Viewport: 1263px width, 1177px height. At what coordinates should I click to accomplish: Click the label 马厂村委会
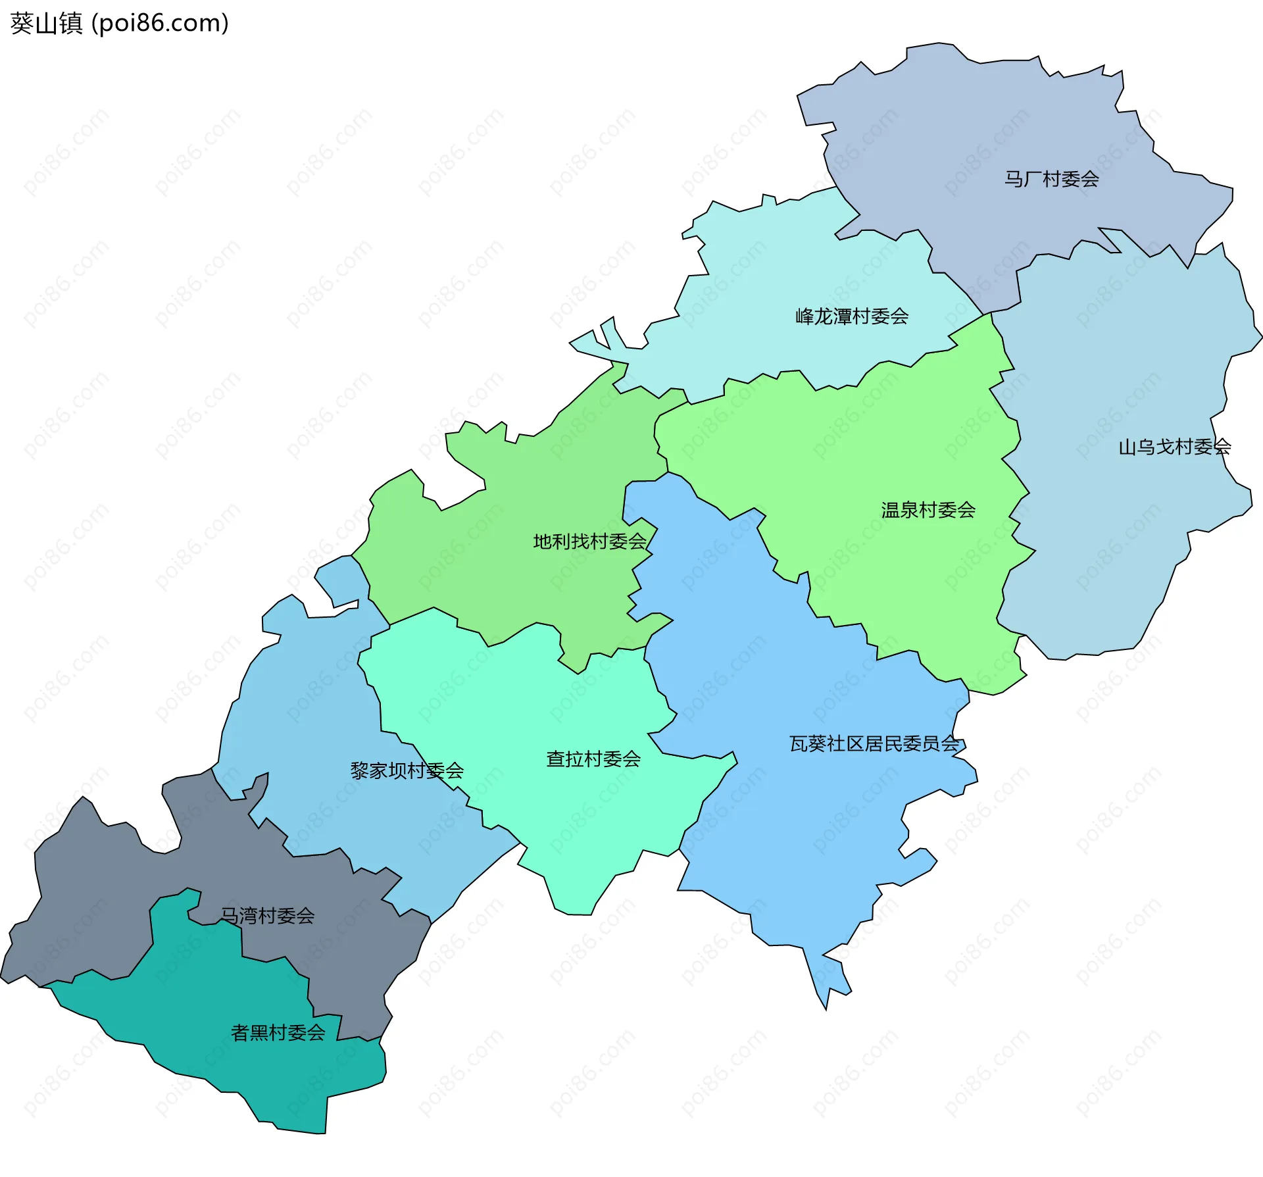click(1051, 179)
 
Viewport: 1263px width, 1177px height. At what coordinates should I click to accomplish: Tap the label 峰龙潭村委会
click(852, 316)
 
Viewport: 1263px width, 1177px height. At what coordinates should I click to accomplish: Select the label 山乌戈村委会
click(1174, 447)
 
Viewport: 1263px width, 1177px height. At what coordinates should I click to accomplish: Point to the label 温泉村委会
click(928, 510)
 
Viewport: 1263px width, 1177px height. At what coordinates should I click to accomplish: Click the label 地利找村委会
click(589, 541)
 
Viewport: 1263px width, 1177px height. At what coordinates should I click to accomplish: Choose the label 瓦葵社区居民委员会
click(874, 744)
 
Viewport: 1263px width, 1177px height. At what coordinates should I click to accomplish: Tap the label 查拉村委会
click(593, 759)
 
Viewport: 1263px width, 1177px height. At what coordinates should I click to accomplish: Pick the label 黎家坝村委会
click(407, 770)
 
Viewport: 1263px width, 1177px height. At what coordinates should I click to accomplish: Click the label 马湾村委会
click(267, 915)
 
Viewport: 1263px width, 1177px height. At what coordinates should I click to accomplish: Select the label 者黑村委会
click(278, 1032)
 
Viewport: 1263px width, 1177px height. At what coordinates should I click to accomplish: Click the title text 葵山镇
click(46, 24)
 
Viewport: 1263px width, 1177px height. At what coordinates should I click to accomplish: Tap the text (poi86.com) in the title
click(160, 24)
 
